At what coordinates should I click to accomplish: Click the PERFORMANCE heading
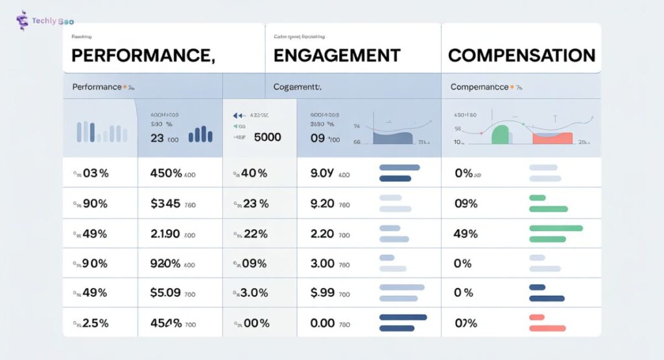pos(143,56)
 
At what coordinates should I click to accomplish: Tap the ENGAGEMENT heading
pos(337,56)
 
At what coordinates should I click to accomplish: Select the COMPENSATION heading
pos(521,55)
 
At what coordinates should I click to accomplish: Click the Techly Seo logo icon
pos(22,21)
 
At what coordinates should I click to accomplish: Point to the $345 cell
pos(165,204)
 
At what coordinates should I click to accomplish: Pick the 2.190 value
pos(165,234)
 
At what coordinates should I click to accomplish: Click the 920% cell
pos(165,263)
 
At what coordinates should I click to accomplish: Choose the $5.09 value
pos(165,293)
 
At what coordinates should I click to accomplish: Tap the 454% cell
pos(165,323)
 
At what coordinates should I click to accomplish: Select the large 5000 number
pos(267,138)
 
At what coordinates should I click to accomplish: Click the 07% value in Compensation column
pos(466,323)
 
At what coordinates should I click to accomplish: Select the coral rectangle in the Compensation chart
pos(552,138)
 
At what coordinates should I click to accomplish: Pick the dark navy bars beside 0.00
pos(402,322)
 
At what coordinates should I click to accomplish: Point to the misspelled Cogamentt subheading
pos(298,86)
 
